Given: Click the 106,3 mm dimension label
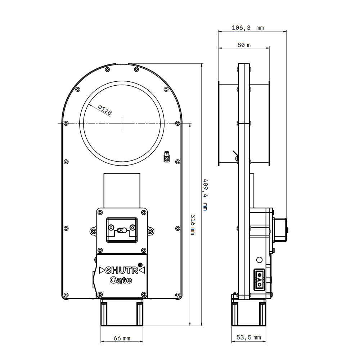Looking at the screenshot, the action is pyautogui.click(x=248, y=28).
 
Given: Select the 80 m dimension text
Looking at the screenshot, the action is pyautogui.click(x=244, y=45).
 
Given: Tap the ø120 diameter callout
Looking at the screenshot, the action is pyautogui.click(x=105, y=110).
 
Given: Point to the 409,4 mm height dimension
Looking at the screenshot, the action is pyautogui.click(x=206, y=195).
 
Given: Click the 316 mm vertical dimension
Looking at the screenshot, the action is pyautogui.click(x=193, y=225).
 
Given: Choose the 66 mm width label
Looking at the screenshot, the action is pyautogui.click(x=122, y=338).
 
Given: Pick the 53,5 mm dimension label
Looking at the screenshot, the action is pyautogui.click(x=249, y=337).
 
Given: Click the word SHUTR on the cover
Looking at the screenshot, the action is pyautogui.click(x=122, y=270).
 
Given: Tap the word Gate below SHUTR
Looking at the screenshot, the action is pyautogui.click(x=121, y=280).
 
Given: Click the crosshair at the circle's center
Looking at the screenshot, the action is pyautogui.click(x=122, y=123).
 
